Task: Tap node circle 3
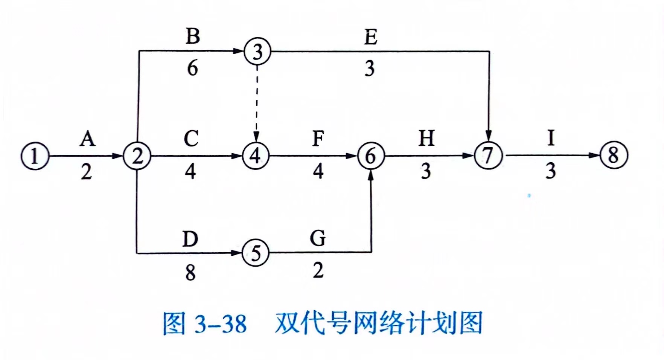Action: (x=257, y=52)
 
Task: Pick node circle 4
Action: (x=256, y=156)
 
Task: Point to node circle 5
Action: (x=256, y=253)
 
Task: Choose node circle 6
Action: (x=371, y=156)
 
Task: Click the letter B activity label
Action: (x=193, y=36)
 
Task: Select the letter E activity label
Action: (x=371, y=37)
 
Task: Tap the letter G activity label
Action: (x=318, y=238)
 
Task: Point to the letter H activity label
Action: (x=426, y=138)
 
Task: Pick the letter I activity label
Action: (x=551, y=138)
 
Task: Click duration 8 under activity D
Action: (x=190, y=272)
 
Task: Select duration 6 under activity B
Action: (x=192, y=68)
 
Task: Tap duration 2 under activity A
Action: (x=87, y=172)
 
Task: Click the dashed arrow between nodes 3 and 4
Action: (x=256, y=102)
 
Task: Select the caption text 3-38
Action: (x=221, y=323)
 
